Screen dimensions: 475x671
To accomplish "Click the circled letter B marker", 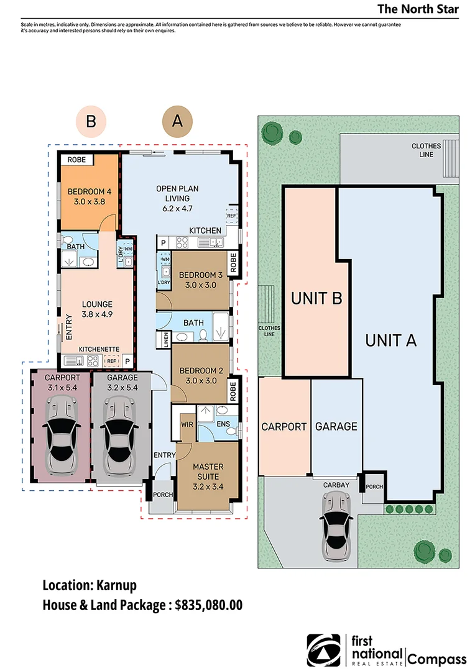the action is (91, 122).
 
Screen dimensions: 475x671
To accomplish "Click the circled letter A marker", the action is (177, 122).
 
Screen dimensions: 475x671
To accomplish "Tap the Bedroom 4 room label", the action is (90, 196).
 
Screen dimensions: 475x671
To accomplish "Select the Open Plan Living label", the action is (177, 199).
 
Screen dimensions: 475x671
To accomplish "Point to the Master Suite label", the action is (208, 477).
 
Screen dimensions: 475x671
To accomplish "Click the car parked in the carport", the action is (60, 435).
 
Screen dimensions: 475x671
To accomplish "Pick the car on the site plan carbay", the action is (336, 526).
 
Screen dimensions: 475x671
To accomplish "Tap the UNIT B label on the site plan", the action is (316, 298).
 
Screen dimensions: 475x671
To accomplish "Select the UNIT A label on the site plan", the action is (390, 340).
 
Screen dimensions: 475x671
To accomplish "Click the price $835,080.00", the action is (208, 605).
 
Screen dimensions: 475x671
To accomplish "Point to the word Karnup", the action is (116, 585).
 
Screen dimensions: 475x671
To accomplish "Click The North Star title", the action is (418, 9).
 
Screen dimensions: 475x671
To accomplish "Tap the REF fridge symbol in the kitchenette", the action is (111, 361).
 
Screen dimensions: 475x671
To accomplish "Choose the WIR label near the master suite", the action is (187, 424).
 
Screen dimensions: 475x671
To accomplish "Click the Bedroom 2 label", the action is (201, 375).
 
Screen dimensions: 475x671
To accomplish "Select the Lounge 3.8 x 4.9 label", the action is (97, 309).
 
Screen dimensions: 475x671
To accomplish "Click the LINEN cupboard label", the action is (166, 340).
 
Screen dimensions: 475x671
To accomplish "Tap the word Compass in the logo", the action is (437, 659).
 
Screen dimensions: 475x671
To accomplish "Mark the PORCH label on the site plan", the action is (374, 486).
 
